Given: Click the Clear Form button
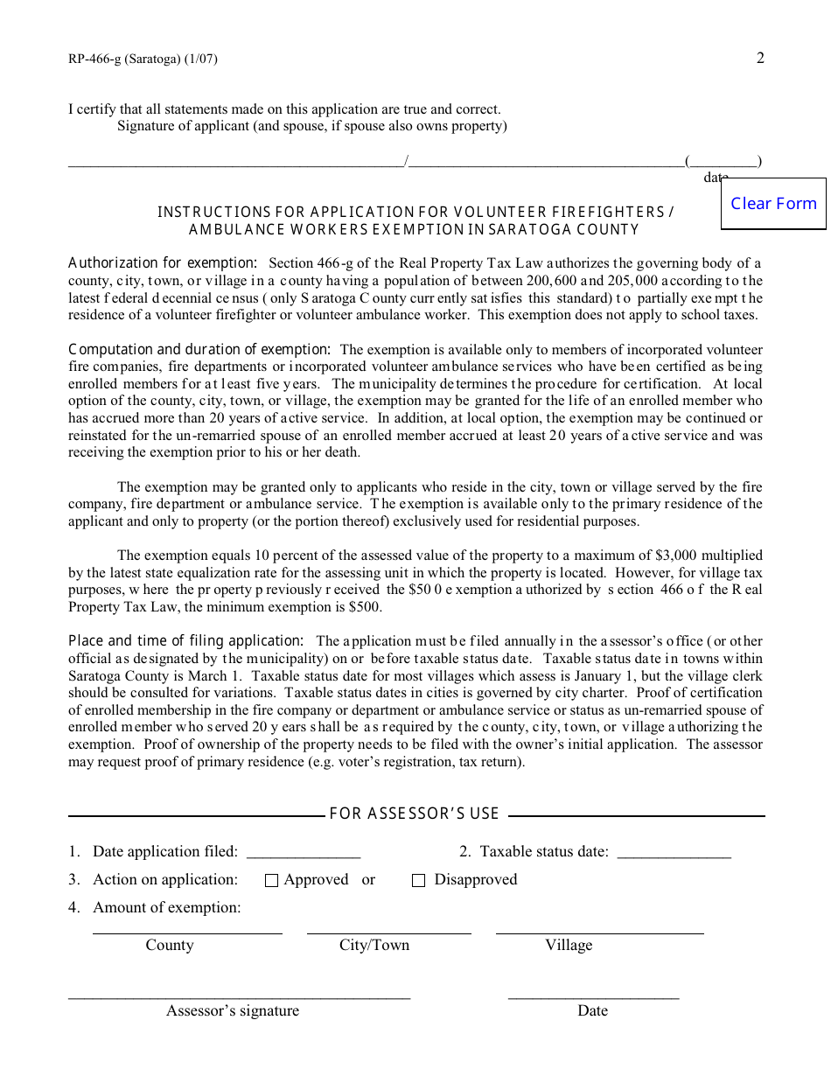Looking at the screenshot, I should pos(773,204).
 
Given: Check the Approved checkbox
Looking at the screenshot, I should pos(271,881).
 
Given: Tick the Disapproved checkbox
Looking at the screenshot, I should pos(418,881).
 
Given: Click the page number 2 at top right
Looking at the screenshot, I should pos(760,59).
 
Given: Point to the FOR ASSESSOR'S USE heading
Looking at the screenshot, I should pos(414,814).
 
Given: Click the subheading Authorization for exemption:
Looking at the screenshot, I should pos(163,263).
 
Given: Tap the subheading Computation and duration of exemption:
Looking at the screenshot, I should pos(199,350).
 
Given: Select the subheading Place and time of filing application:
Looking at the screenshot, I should pos(186,641).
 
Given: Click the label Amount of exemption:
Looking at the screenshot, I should pos(166,908).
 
